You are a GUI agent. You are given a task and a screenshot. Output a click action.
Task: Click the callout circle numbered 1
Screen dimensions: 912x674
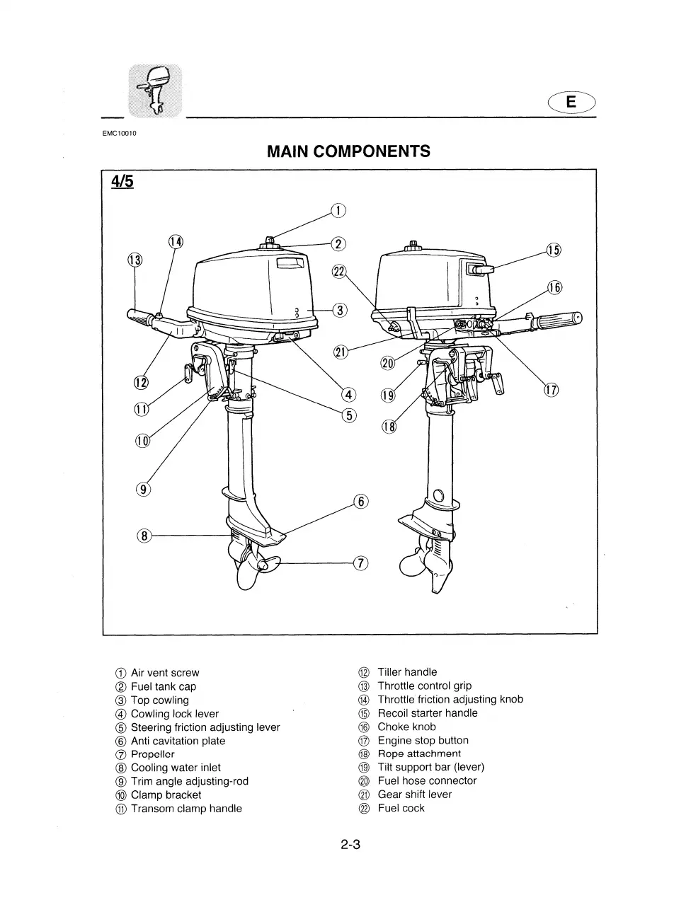[339, 210]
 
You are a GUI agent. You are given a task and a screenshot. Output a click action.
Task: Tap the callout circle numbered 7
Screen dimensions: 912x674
[361, 563]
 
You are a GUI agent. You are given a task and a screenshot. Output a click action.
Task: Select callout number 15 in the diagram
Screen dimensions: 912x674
[554, 250]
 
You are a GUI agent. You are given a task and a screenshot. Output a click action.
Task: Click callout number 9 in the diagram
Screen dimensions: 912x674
[143, 489]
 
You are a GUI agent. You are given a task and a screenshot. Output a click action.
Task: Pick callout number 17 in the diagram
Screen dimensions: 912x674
[552, 391]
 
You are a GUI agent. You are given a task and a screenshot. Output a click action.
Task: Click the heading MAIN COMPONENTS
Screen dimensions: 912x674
[348, 151]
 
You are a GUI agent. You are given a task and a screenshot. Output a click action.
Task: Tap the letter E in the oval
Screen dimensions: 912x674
[571, 103]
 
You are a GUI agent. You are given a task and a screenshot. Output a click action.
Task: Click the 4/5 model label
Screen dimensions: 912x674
[122, 182]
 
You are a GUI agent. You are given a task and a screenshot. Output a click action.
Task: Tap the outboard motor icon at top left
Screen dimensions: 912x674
[154, 90]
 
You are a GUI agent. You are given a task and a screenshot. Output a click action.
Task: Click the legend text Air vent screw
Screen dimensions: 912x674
[165, 673]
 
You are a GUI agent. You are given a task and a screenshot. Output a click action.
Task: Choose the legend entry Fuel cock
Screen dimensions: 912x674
[401, 808]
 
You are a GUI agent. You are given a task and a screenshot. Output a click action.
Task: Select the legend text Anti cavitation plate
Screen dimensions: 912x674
[178, 741]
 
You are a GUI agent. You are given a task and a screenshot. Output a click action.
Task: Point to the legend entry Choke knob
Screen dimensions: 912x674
[406, 727]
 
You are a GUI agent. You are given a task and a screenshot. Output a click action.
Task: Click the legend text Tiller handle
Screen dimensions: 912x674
[407, 672]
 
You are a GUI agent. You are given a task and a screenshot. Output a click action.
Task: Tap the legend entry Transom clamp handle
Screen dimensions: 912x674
[186, 809]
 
